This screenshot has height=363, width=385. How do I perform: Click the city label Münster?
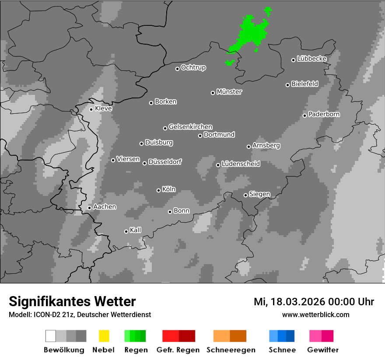click(229, 92)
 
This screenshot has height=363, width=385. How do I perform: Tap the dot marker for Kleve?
click(91, 109)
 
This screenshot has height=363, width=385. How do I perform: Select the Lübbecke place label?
click(311, 59)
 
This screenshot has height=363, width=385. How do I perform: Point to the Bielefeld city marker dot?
click(288, 85)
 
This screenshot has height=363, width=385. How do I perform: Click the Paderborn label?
click(324, 114)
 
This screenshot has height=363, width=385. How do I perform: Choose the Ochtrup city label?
click(193, 67)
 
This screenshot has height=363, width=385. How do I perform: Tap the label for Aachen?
click(105, 206)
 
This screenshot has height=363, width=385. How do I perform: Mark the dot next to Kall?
click(126, 231)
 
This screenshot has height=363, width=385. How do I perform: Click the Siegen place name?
click(259, 194)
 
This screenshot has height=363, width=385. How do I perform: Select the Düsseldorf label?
click(165, 162)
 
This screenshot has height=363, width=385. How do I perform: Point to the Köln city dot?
click(158, 190)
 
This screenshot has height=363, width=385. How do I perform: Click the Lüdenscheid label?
click(241, 164)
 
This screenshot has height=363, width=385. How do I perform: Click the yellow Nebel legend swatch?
click(104, 336)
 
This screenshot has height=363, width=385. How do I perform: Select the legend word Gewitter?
click(323, 350)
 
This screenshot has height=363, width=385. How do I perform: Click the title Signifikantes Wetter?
click(72, 302)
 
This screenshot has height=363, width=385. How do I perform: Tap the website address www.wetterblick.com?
click(315, 314)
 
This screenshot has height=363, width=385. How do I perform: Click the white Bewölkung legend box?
click(51, 336)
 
